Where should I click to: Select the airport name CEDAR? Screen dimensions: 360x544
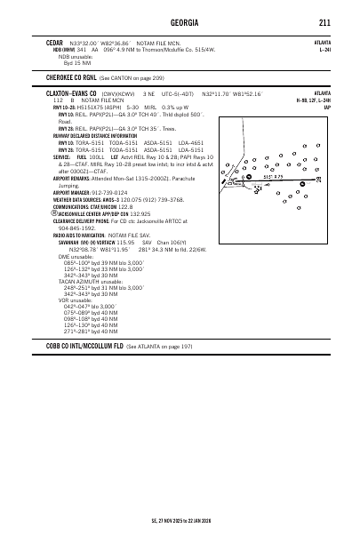(x=54, y=42)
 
